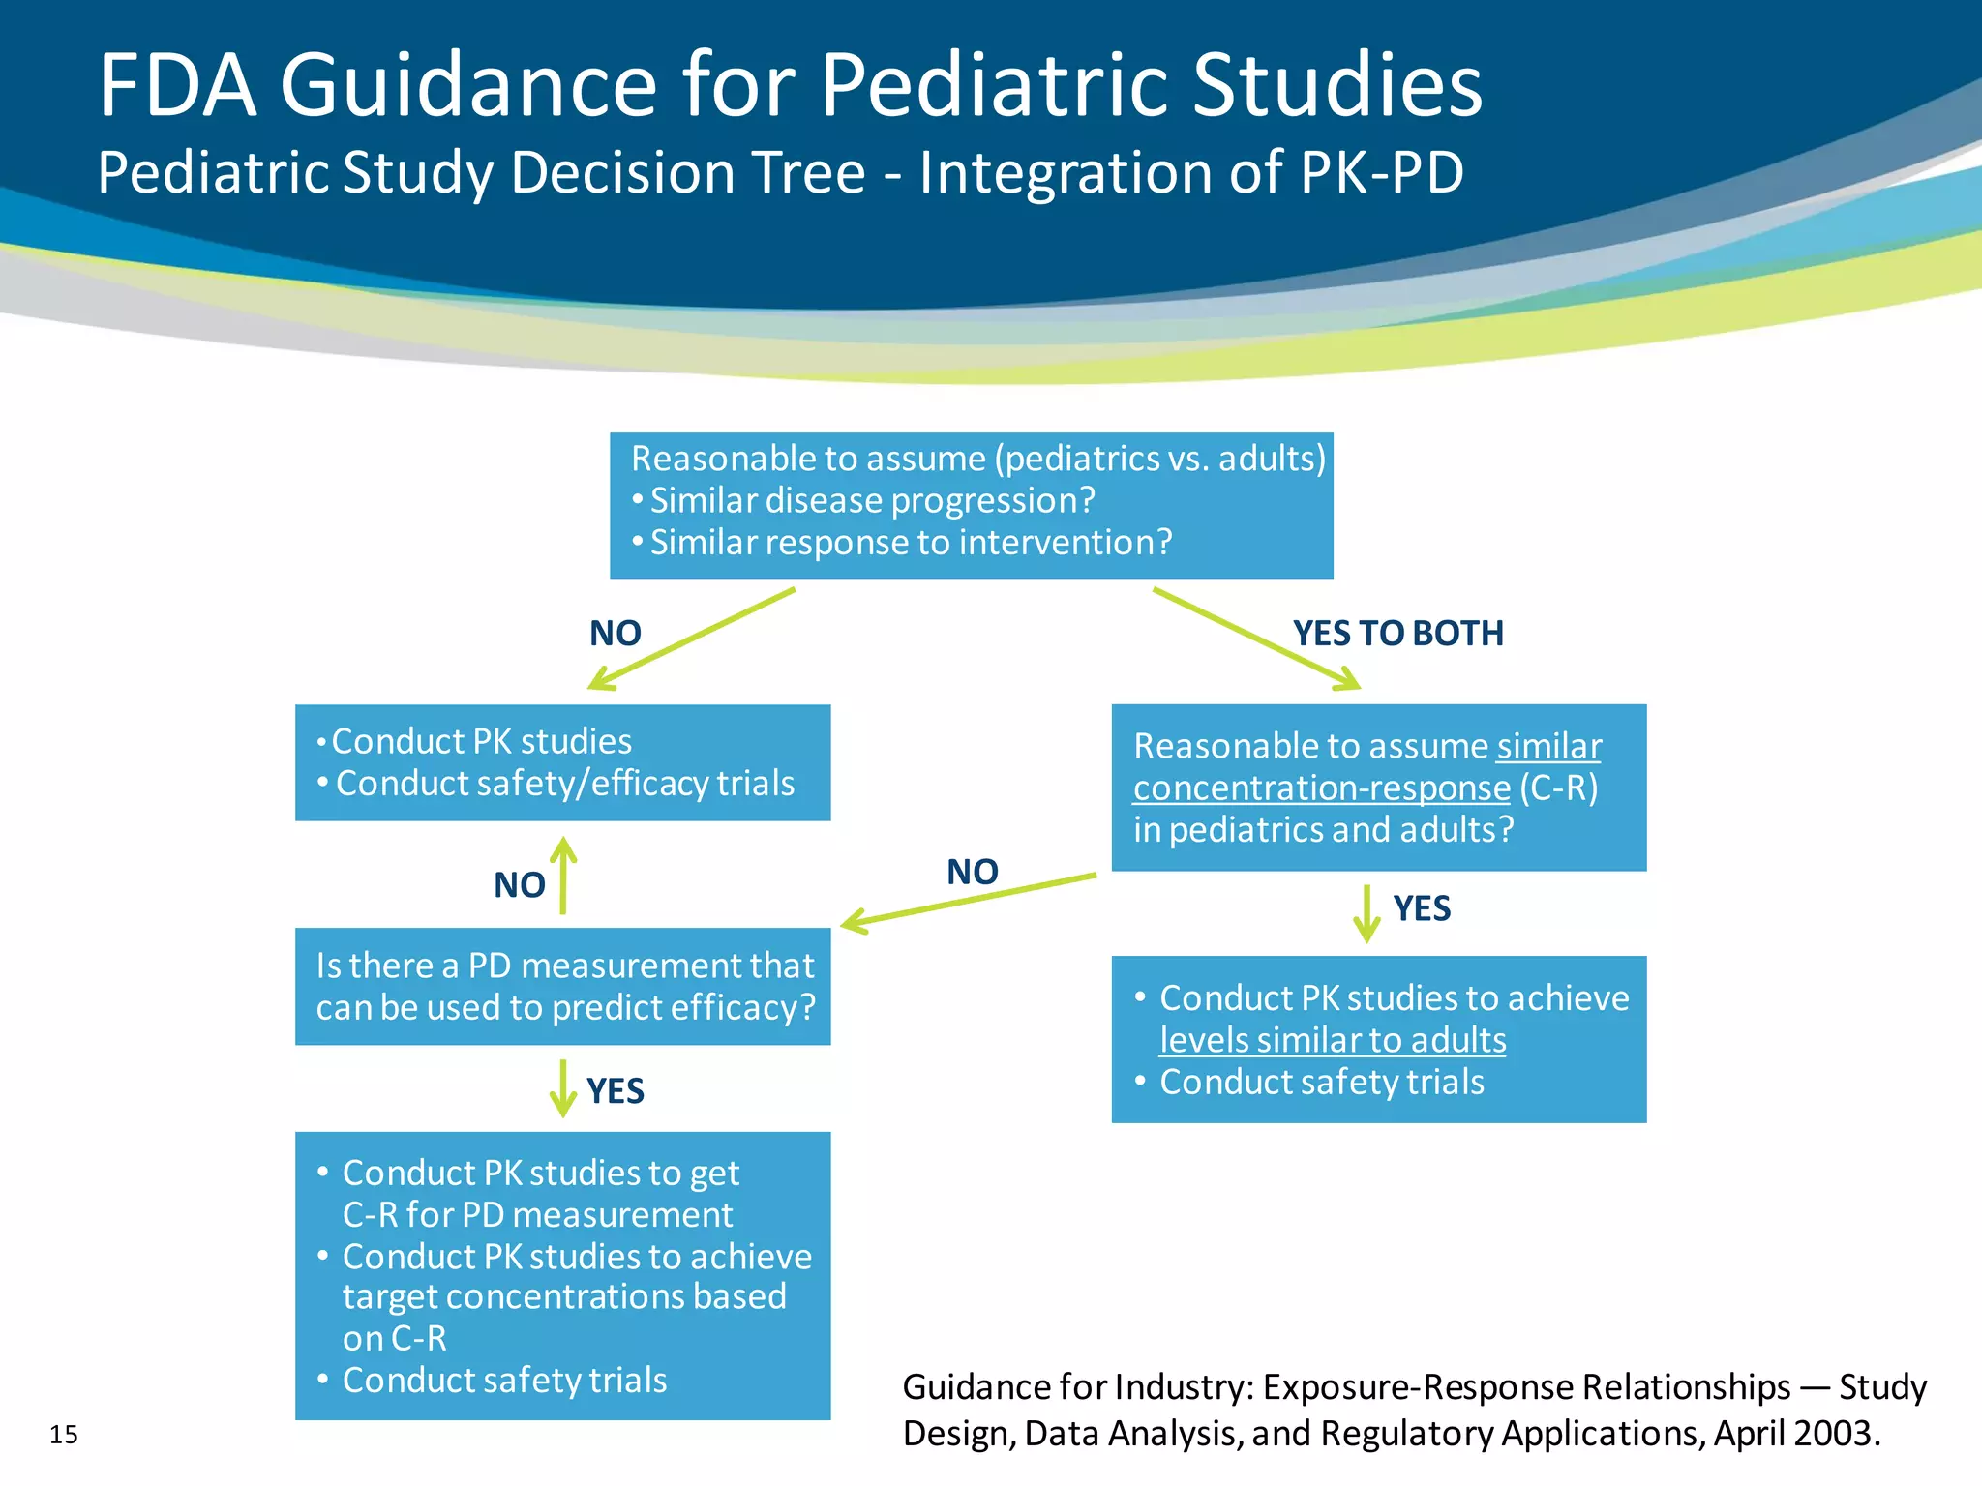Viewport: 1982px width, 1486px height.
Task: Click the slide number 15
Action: pos(64,1434)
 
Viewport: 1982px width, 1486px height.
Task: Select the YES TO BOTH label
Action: pos(1397,634)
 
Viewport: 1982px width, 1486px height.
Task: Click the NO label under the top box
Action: pos(615,634)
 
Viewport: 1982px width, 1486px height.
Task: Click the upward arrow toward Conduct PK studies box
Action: pos(563,876)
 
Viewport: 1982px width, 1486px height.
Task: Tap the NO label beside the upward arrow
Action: pos(520,885)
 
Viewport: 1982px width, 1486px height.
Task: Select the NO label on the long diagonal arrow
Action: pos(972,872)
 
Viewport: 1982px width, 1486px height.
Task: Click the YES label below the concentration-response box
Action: pos(1421,908)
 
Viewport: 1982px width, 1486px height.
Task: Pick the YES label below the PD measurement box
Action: pos(615,1091)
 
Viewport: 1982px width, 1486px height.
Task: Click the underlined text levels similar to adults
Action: pos(1333,1040)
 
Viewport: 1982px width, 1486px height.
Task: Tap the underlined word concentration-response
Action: pos(1321,788)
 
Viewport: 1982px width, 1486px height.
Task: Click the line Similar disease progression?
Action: pos(871,501)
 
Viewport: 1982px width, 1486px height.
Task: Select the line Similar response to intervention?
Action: pos(910,543)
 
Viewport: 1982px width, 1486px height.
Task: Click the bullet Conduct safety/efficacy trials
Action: pos(564,784)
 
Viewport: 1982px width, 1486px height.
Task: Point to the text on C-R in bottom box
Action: pos(395,1339)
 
